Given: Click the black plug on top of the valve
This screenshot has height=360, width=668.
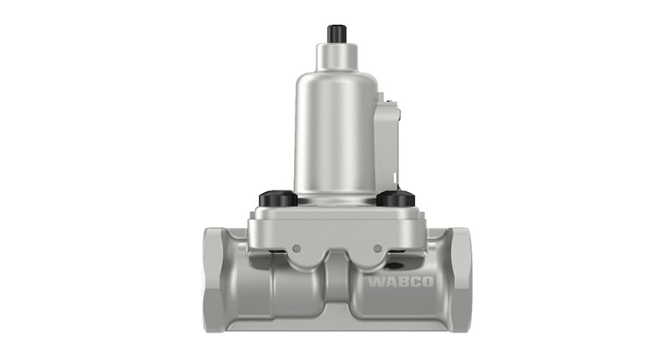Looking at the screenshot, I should click(x=337, y=33).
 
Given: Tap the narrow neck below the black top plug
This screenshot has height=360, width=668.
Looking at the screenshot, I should click(x=337, y=56).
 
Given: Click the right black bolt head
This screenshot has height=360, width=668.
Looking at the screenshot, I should click(x=396, y=199).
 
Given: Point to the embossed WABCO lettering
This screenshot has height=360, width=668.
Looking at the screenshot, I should click(x=401, y=281).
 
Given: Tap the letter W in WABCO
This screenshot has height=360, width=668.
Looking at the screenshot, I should click(x=377, y=281).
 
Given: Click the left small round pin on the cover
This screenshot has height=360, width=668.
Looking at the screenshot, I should click(x=294, y=247).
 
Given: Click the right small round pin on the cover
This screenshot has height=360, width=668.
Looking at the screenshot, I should click(x=378, y=247).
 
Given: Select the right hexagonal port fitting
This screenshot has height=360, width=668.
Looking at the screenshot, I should click(x=458, y=280).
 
